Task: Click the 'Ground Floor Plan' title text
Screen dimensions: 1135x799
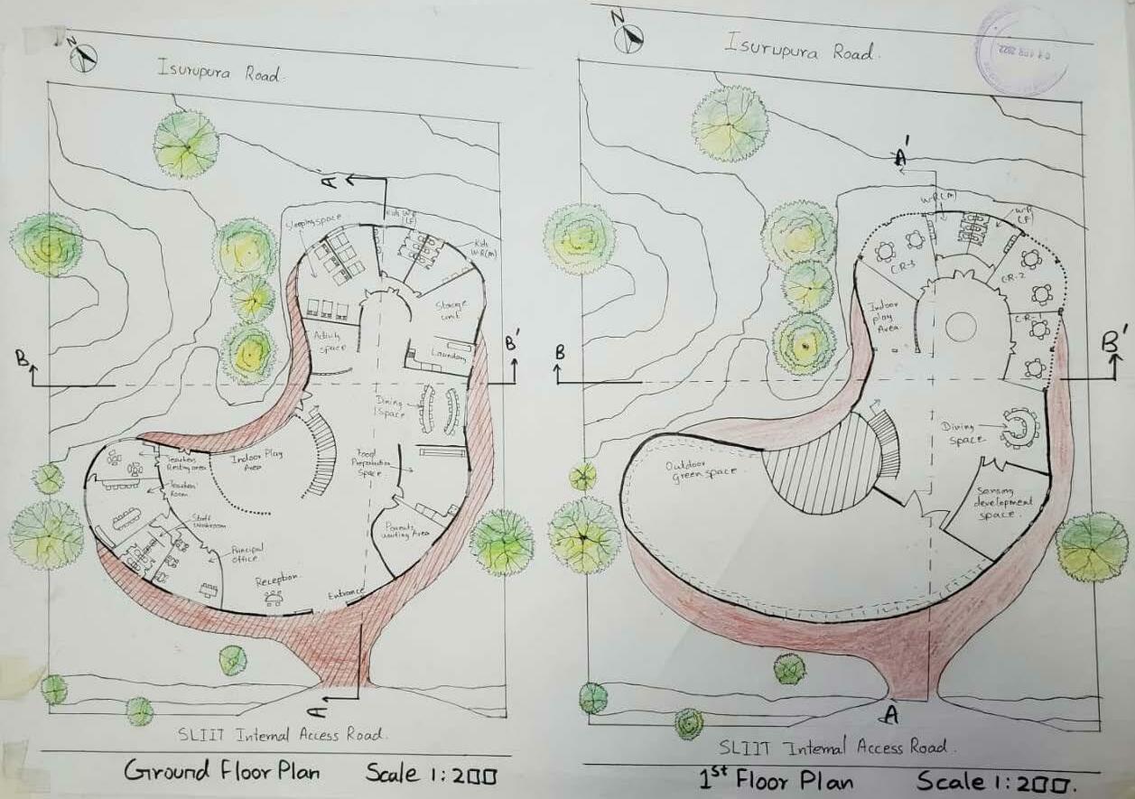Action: [221, 772]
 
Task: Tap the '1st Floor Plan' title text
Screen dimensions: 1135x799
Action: [776, 779]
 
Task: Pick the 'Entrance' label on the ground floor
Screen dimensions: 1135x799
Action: [346, 593]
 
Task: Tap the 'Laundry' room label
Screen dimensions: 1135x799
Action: [449, 356]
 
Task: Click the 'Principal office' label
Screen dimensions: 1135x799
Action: [239, 553]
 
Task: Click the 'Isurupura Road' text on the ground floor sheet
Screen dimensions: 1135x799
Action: [220, 72]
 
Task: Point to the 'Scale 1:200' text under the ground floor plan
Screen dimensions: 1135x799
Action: [432, 774]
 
